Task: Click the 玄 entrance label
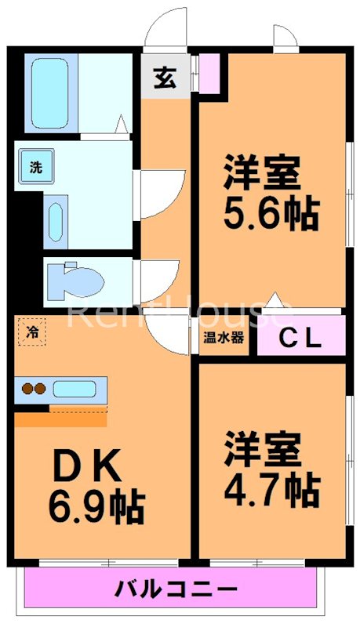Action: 165,79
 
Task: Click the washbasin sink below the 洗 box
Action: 56,223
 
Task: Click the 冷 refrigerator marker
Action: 32,332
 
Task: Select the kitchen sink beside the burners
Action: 75,388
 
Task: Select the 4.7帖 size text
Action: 271,490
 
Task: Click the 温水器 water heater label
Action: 224,339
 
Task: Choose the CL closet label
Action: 301,339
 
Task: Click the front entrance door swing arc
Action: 168,31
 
